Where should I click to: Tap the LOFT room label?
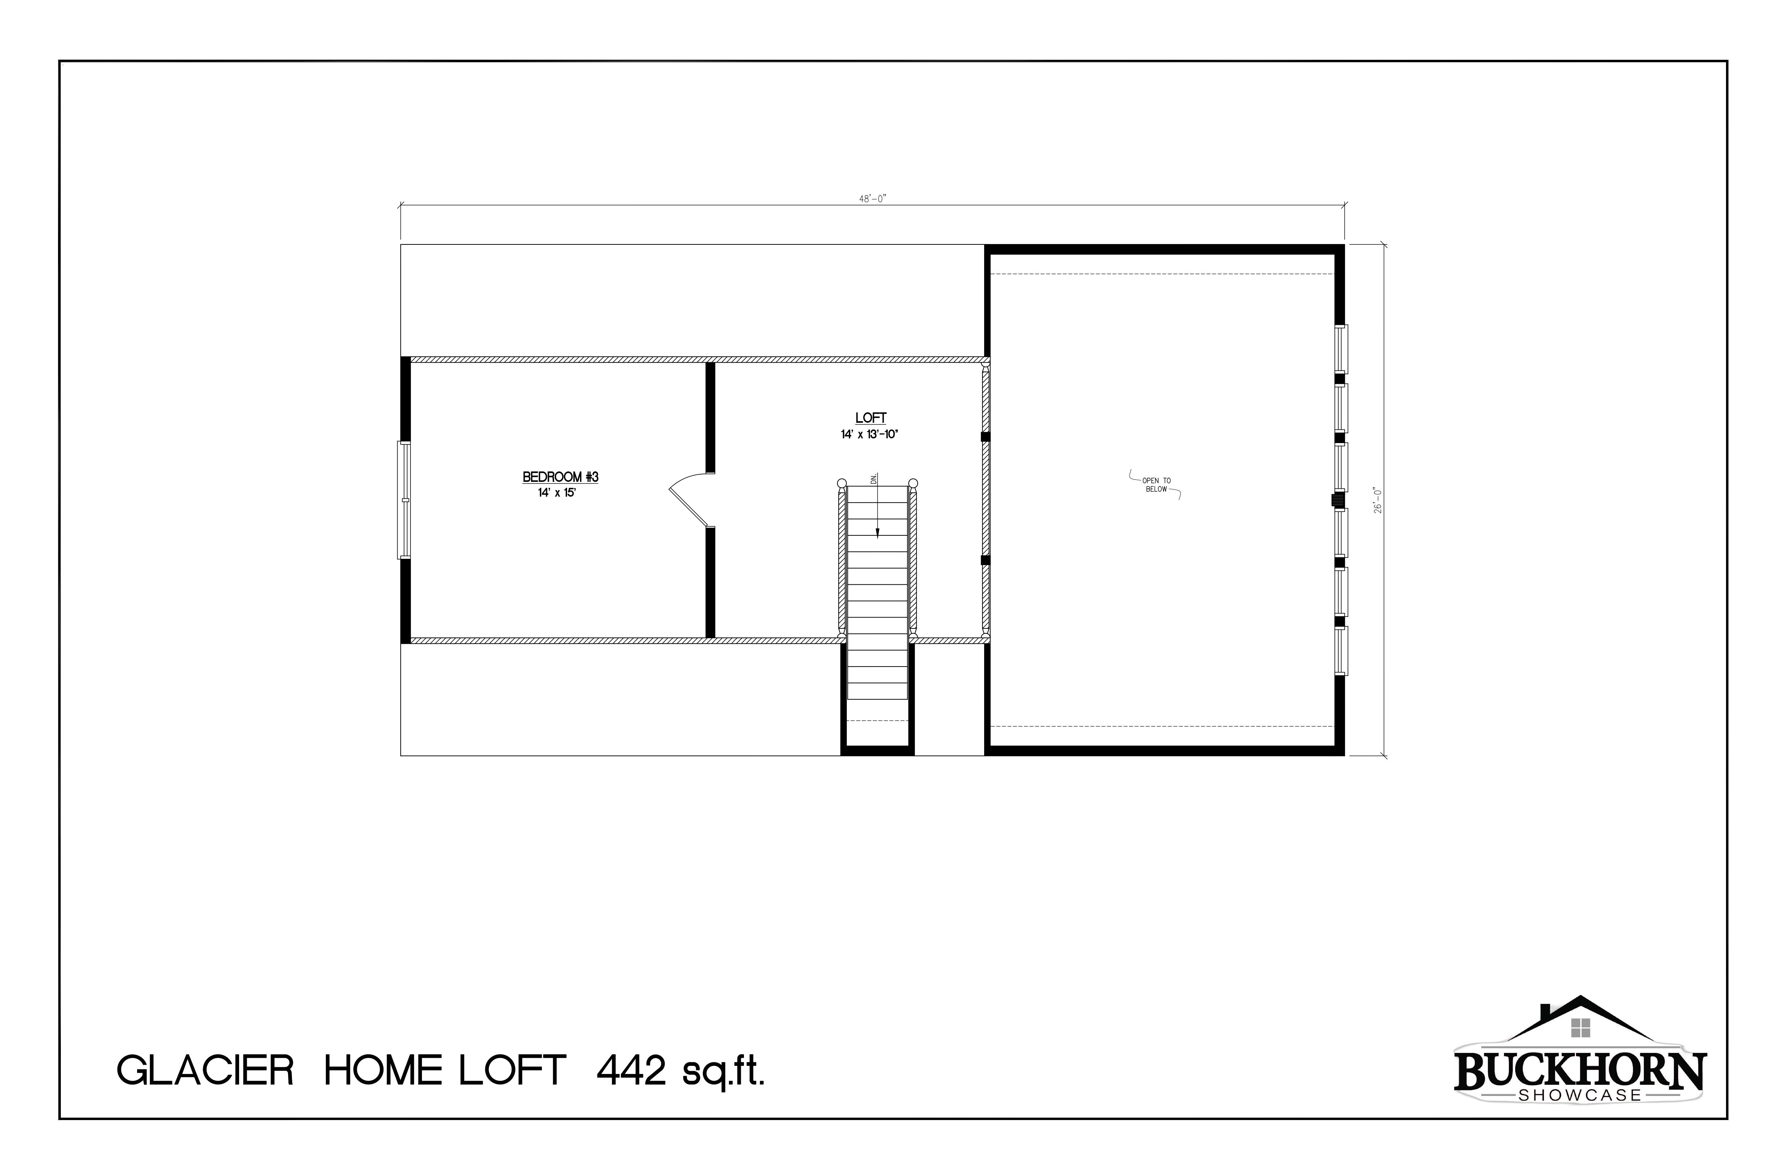point(871,418)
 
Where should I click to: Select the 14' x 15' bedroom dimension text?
point(557,493)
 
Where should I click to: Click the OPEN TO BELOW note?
point(1156,485)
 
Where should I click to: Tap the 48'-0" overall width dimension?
point(872,199)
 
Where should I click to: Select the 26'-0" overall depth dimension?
point(1377,500)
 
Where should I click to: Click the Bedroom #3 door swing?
point(687,498)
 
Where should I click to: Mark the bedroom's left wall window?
point(404,500)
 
